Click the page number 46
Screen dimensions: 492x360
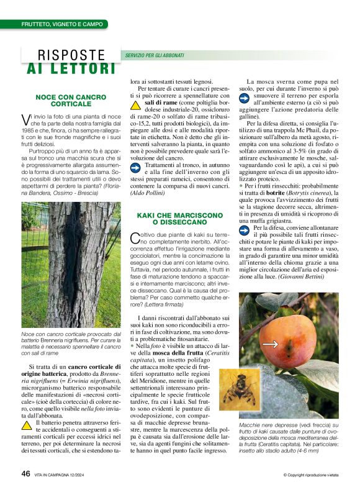click(25, 473)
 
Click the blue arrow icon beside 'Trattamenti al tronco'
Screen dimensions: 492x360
click(135, 149)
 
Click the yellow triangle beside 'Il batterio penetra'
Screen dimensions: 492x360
click(27, 425)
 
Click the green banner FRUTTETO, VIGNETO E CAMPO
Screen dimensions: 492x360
click(62, 24)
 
